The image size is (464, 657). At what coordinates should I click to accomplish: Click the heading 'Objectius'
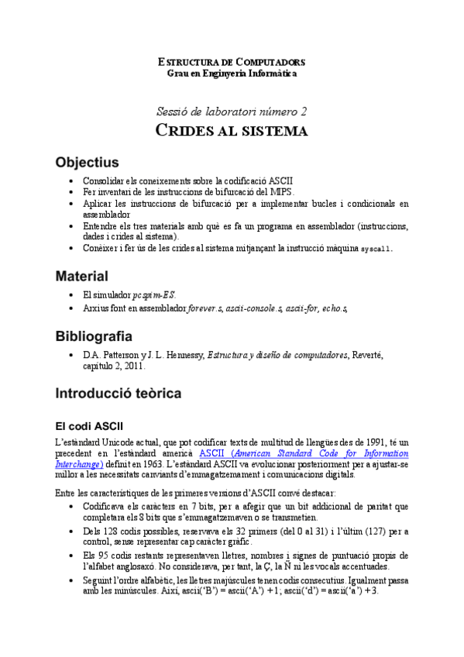pos(87,163)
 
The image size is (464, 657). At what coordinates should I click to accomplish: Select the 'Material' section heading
pos(81,276)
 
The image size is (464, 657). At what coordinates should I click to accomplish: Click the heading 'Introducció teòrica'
pos(118,394)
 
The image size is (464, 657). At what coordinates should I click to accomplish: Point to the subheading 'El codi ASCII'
pos(88,427)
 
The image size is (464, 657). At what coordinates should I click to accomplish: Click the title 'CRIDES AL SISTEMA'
pos(232,130)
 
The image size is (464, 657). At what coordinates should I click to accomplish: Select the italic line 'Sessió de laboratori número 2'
pos(232,110)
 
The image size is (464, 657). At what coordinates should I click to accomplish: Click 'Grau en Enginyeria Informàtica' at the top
pos(232,73)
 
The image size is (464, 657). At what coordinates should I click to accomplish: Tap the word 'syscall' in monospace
pos(376,249)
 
